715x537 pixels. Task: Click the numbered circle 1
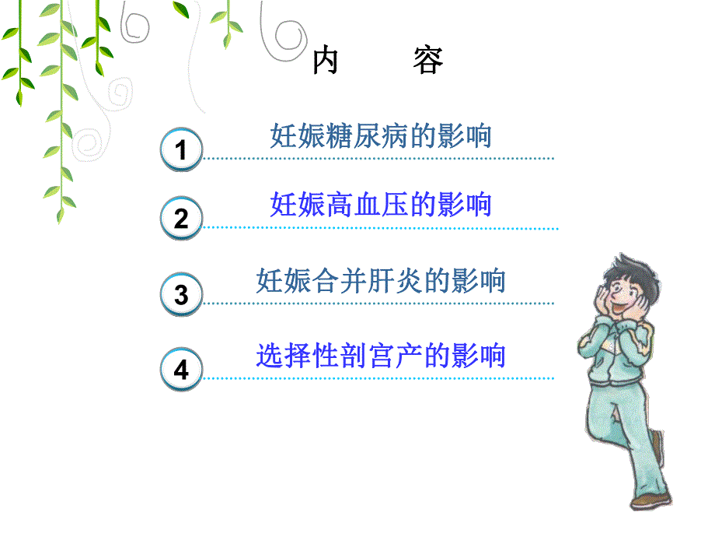point(181,149)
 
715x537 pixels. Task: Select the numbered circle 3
point(181,295)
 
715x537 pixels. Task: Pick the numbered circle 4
point(181,369)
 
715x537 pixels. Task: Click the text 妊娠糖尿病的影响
point(381,136)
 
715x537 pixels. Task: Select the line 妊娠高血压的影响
point(381,205)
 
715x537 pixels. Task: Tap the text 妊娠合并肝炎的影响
point(381,280)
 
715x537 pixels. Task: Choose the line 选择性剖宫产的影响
point(381,356)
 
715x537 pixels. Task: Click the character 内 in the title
point(326,61)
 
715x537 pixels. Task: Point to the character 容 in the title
point(427,61)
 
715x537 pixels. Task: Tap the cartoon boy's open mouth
point(623,313)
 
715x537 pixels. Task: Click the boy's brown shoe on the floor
point(650,498)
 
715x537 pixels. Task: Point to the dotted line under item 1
point(379,158)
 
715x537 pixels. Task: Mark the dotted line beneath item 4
point(379,379)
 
